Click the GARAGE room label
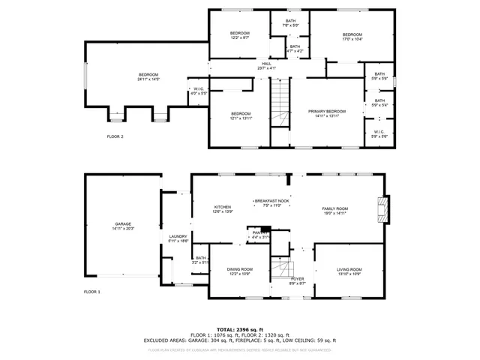(x=123, y=224)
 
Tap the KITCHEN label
(x=223, y=207)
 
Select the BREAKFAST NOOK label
(x=272, y=201)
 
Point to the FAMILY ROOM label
(x=335, y=208)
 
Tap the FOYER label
(x=298, y=279)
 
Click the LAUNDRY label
(x=178, y=236)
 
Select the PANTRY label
(x=259, y=232)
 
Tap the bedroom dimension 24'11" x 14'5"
(x=148, y=79)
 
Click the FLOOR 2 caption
(x=115, y=136)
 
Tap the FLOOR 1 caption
(x=91, y=291)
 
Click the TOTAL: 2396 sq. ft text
(x=239, y=329)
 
